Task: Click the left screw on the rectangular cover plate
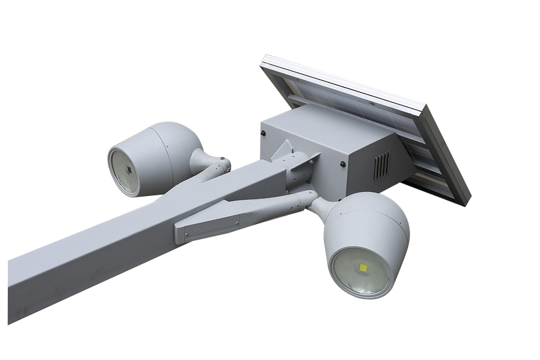(185, 229)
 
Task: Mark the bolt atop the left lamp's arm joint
(223, 159)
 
